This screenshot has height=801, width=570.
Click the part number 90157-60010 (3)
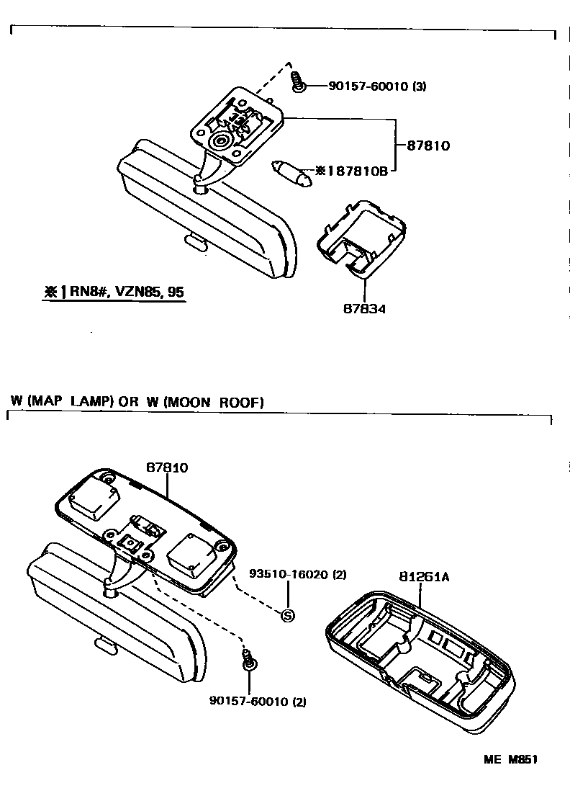[x=377, y=86]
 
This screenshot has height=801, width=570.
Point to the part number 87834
[x=365, y=309]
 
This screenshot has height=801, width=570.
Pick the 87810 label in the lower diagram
[x=167, y=467]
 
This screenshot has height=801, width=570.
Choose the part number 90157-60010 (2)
[x=257, y=700]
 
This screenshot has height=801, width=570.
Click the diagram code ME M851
[x=511, y=759]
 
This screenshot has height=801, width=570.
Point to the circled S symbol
[x=288, y=615]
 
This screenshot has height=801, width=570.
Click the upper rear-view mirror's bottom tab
[x=194, y=240]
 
